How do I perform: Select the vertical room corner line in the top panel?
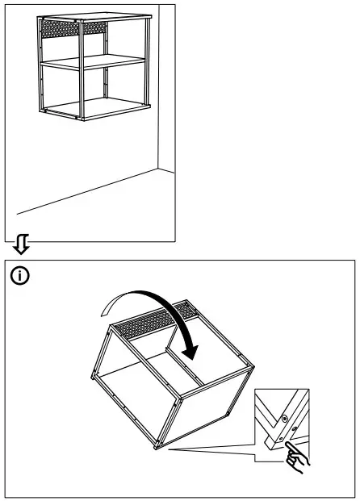point(156,89)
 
